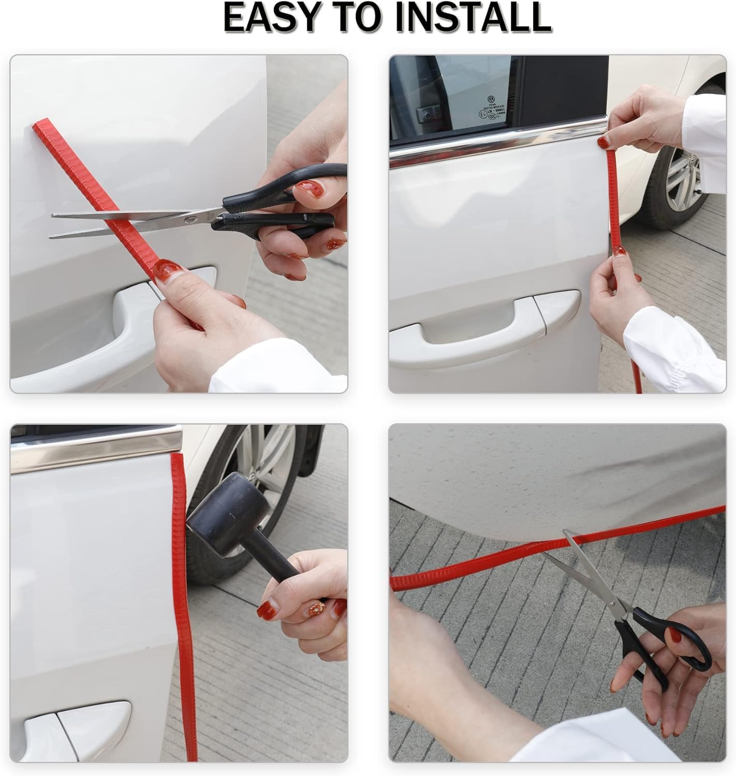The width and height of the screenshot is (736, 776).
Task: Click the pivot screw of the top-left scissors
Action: (191, 219)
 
